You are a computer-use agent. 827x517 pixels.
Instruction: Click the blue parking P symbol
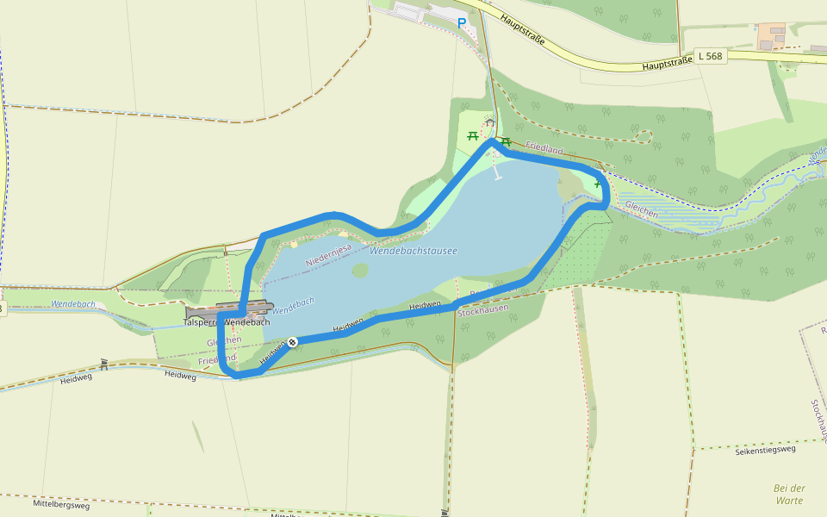coord(462,23)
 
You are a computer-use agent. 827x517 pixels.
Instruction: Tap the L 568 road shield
coord(711,56)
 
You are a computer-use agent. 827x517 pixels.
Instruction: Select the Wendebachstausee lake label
coord(413,251)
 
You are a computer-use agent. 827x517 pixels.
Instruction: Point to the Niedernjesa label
coord(328,254)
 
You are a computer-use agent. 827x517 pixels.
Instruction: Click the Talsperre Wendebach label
coord(227,321)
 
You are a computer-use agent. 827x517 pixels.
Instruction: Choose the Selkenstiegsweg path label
coord(767,449)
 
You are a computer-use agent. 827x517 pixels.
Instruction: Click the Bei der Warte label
coord(788,494)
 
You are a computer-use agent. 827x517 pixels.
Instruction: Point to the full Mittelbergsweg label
coord(62,503)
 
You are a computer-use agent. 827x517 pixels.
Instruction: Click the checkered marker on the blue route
coord(293,342)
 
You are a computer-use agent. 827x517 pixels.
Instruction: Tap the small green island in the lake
coord(360,271)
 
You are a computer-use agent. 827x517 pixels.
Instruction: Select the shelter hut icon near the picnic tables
coord(489,123)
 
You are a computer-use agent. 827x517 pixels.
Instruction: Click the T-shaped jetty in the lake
coord(498,177)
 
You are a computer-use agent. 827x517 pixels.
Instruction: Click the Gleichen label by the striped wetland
coord(642,209)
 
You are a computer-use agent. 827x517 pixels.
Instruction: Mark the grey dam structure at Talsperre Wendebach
coord(229,308)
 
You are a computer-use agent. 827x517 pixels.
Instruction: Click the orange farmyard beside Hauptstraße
coord(771,36)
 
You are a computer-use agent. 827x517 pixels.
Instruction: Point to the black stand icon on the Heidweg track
coord(104,364)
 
